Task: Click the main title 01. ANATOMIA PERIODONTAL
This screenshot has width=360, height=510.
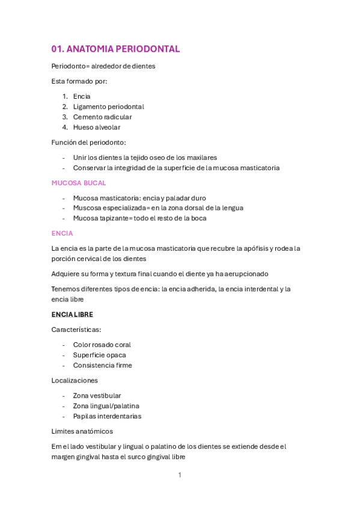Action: tap(115, 49)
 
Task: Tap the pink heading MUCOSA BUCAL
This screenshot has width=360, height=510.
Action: tap(79, 182)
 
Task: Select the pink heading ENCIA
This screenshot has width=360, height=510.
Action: tap(63, 233)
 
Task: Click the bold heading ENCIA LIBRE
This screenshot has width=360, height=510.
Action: tap(72, 315)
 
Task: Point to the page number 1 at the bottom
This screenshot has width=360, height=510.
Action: tap(179, 475)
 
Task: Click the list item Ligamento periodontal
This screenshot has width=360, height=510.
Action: tap(108, 106)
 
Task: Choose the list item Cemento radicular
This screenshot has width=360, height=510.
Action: tap(102, 117)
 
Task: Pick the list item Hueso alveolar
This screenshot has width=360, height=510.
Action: tap(97, 127)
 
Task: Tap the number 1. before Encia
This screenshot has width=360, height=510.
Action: tap(65, 96)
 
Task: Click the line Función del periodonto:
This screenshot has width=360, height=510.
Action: tap(89, 143)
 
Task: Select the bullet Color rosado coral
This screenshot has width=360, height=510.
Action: tap(102, 345)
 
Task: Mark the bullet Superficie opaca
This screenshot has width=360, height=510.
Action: tap(99, 355)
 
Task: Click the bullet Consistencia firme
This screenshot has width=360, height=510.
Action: tap(102, 365)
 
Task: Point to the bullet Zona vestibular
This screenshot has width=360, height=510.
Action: tap(97, 396)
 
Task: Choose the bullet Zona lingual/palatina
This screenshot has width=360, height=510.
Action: tap(106, 406)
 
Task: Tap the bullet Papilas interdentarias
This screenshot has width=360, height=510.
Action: tap(107, 416)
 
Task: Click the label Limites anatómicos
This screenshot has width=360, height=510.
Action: tap(82, 431)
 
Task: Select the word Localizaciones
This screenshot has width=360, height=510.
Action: tap(75, 381)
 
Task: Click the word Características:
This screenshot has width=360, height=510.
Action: tap(76, 330)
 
